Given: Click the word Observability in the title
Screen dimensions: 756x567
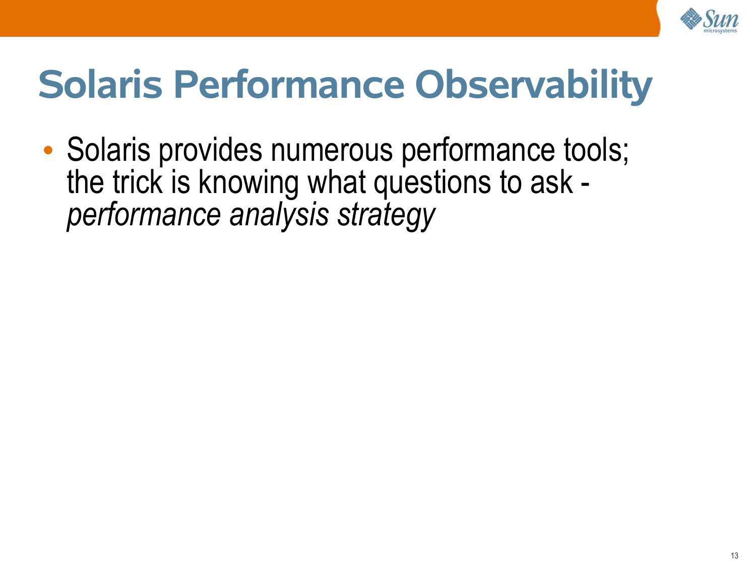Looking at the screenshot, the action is tap(534, 86).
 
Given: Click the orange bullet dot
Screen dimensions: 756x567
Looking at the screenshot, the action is tap(48, 150).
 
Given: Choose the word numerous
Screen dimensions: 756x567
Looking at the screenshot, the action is tap(331, 150).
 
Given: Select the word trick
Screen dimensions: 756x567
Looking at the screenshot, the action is tap(138, 182).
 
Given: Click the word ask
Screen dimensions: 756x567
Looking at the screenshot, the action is tap(551, 182).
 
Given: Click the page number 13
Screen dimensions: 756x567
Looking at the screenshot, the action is tap(734, 555).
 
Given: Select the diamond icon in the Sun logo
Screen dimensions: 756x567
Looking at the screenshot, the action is tap(690, 19).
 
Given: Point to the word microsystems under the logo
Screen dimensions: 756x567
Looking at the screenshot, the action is tap(720, 31).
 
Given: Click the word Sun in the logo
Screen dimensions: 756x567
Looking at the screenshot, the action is tap(721, 19).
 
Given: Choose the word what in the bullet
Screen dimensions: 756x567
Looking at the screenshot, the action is tap(336, 182).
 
